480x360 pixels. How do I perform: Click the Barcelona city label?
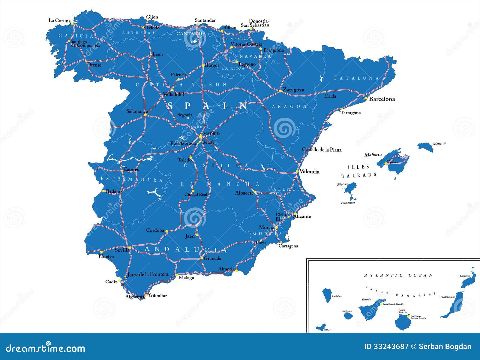(382, 99)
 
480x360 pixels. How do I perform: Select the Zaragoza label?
(293, 89)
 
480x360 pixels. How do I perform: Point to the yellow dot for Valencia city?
(297, 171)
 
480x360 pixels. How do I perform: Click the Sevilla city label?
(122, 250)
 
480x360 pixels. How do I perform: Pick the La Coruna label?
(59, 20)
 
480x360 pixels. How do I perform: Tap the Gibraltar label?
(158, 295)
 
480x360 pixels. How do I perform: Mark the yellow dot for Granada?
(202, 258)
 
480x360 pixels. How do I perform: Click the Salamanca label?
(137, 111)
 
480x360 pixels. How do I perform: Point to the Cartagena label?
(288, 246)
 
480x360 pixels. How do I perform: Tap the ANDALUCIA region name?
(186, 249)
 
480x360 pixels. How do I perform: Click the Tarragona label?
(350, 113)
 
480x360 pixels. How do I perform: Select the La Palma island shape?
(327, 294)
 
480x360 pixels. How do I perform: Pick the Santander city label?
(205, 20)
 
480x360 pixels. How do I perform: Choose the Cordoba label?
(155, 230)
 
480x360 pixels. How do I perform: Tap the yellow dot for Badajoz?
(103, 191)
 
